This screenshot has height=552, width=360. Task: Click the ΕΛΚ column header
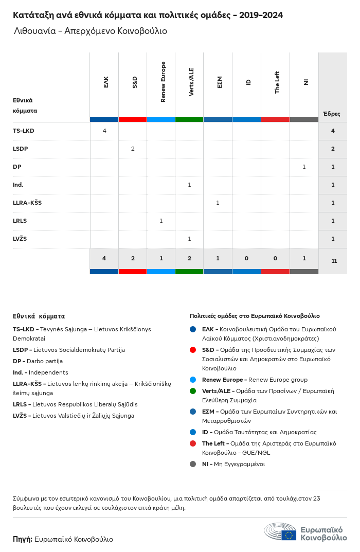tap(106, 82)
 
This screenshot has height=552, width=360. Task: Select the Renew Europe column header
tap(163, 82)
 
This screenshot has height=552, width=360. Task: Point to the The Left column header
tap(277, 82)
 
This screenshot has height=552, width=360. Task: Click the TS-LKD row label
tap(24, 131)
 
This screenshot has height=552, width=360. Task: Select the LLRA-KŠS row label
tap(27, 203)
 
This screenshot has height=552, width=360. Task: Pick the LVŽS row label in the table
tap(20, 239)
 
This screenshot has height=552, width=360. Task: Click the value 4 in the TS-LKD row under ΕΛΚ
tap(104, 131)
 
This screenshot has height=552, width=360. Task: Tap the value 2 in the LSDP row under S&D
tap(133, 149)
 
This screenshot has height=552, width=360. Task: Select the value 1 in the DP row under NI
tap(304, 167)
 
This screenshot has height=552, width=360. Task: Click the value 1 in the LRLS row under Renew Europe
tap(161, 221)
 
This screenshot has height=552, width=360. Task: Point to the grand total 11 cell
tap(334, 261)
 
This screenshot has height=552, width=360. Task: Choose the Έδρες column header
tap(331, 114)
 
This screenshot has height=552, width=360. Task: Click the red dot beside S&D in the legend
tap(193, 350)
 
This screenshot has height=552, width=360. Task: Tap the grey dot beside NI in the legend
tap(193, 464)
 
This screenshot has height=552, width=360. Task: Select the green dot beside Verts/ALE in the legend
tap(193, 391)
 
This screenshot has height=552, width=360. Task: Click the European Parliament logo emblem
tap(280, 532)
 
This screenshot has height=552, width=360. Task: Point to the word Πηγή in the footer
tap(23, 539)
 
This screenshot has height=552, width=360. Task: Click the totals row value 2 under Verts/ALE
tap(189, 258)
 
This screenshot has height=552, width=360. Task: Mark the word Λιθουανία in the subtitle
tap(35, 31)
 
